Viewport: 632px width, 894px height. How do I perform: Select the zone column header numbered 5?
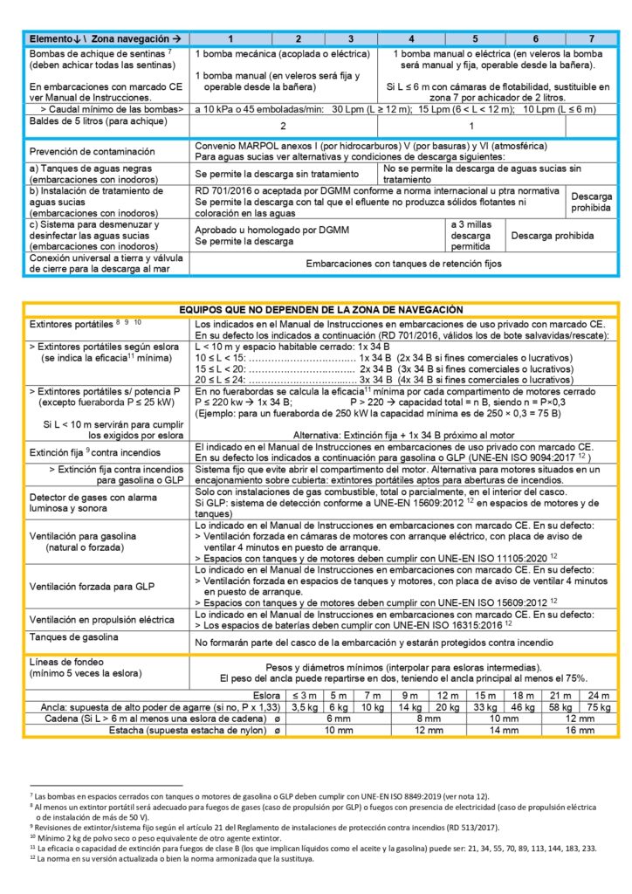coord(476,39)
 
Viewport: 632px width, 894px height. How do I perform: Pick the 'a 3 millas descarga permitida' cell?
coord(471,236)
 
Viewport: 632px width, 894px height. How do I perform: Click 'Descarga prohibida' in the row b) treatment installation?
coord(592,203)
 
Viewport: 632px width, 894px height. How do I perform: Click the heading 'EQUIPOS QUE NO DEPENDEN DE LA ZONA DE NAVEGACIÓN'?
coord(320,309)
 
